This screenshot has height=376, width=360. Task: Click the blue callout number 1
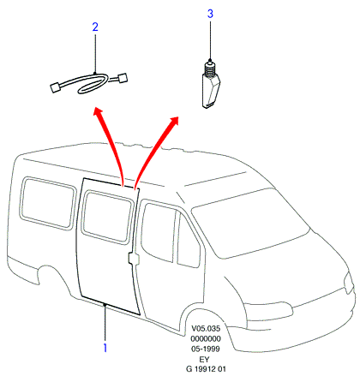pos(105,348)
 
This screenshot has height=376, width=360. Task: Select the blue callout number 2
pos(95,27)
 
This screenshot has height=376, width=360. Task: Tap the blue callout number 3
pos(210,14)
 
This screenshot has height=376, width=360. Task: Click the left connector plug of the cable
pos(56,87)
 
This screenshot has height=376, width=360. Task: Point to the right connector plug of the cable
pos(122,78)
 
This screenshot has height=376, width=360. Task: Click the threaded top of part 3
pos(210,69)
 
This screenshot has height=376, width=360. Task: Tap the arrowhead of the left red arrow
pos(98,112)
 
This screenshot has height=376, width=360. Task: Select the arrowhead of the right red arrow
pos(174,121)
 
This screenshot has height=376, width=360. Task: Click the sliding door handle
pos(133,258)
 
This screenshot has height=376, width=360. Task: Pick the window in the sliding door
pos(107,218)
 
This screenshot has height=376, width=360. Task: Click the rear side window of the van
pos(47,203)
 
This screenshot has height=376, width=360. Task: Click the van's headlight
pos(348,283)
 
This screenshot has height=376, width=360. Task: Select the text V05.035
pos(206,328)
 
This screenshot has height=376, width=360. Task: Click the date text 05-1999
pos(206,349)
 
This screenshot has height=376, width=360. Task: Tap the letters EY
pos(205,359)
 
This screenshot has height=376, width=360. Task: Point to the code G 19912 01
pos(206,369)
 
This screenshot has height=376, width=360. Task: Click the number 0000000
pos(206,338)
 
